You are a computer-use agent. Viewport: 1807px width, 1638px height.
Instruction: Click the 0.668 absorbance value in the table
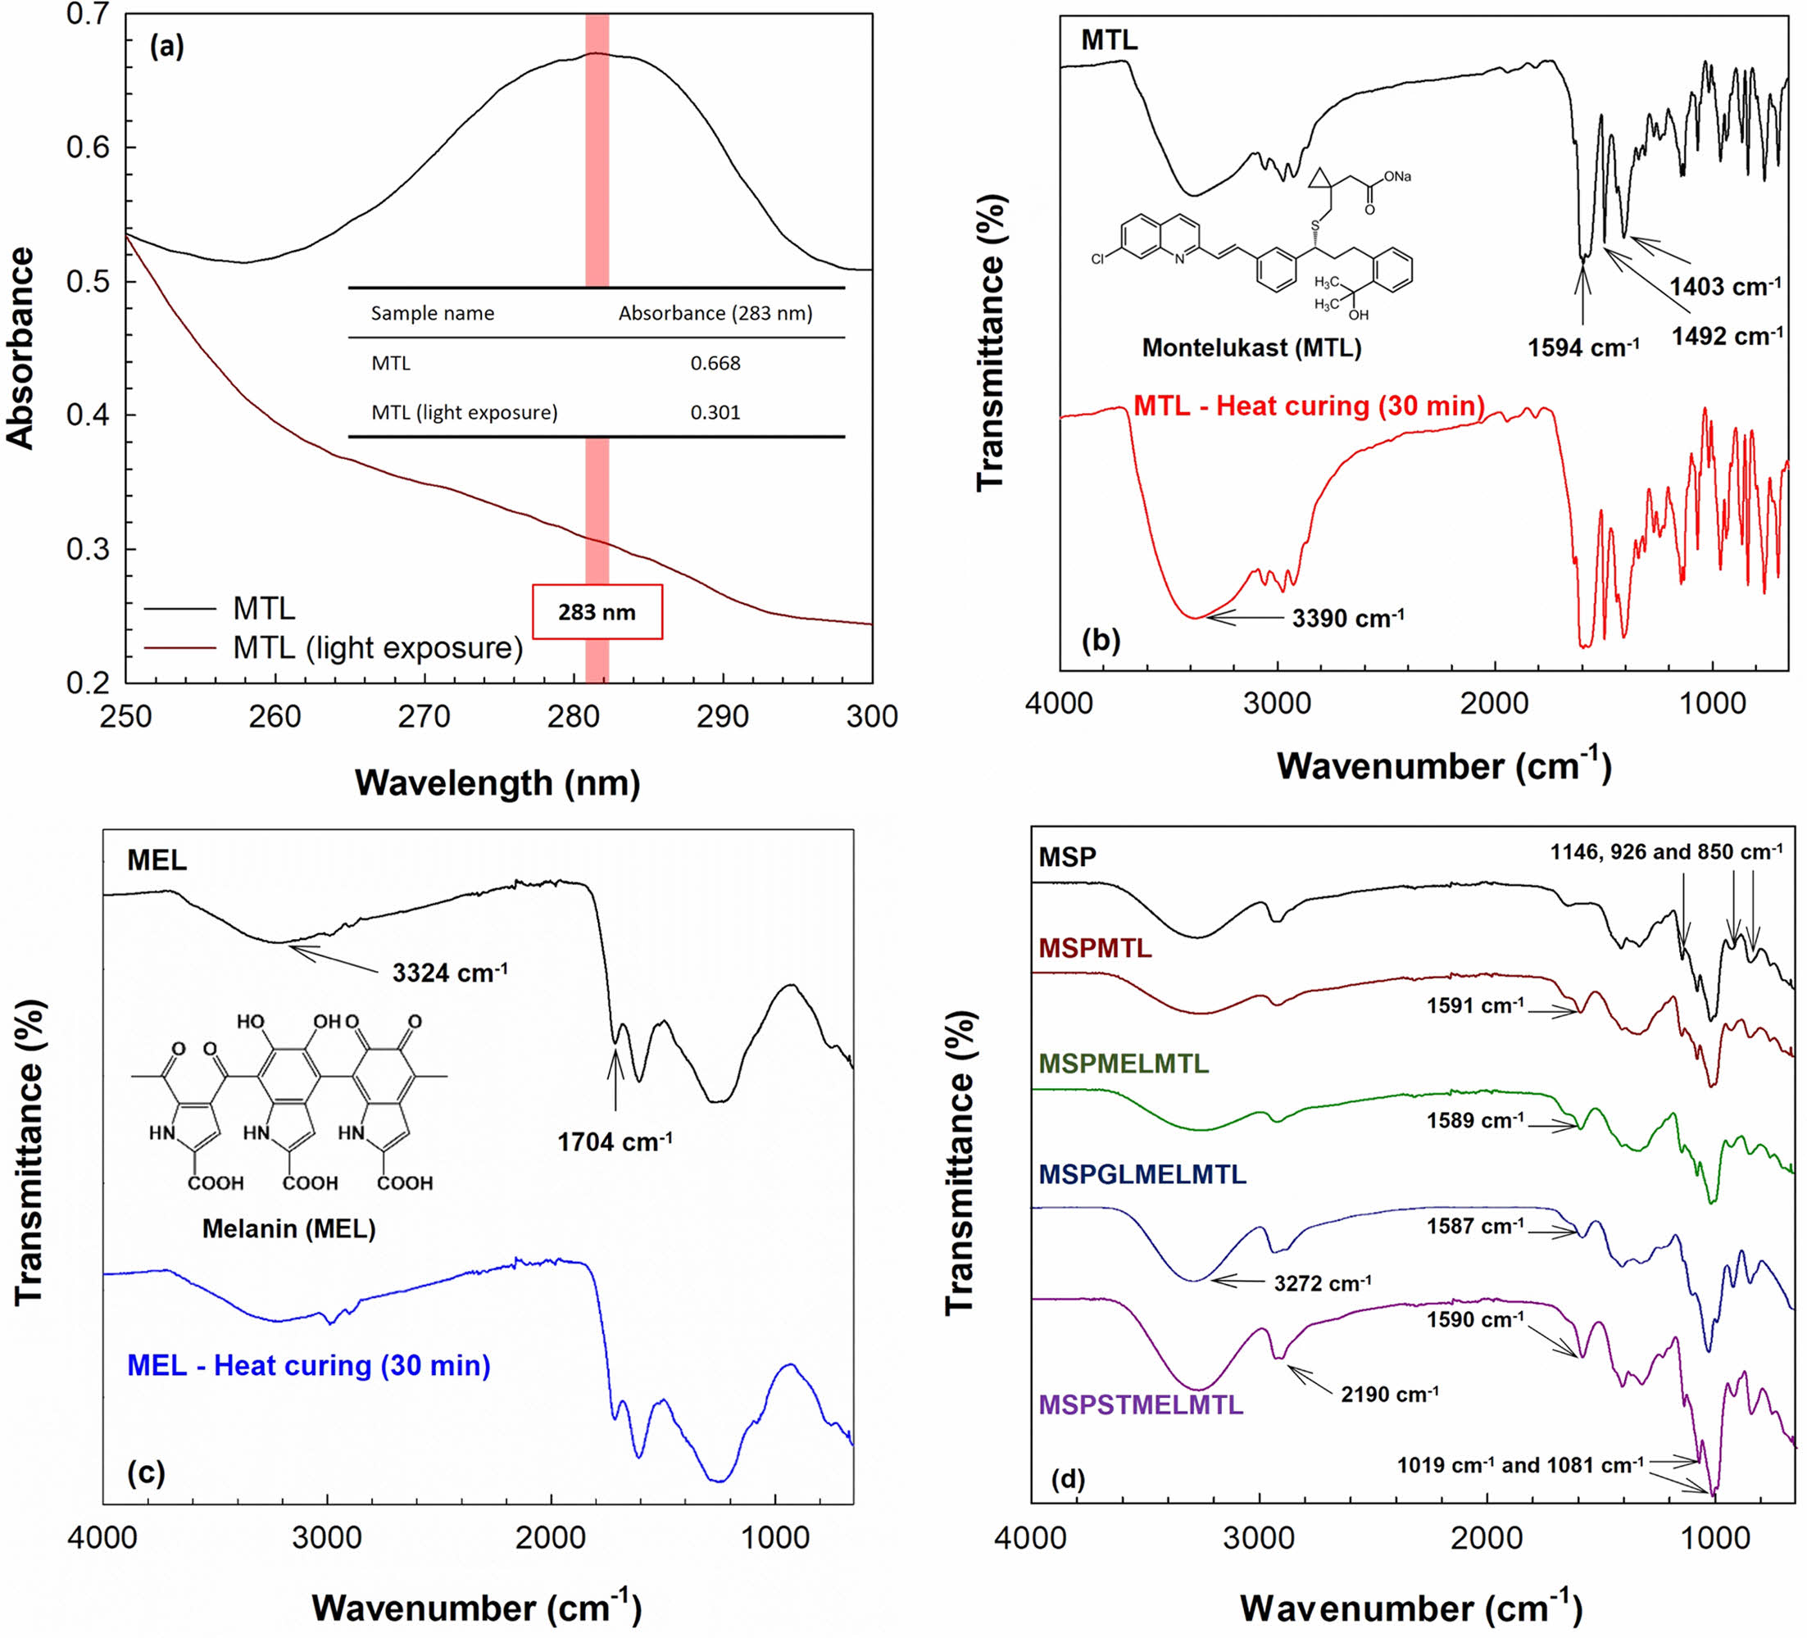point(715,363)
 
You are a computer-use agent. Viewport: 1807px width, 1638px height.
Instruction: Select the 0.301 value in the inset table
point(715,412)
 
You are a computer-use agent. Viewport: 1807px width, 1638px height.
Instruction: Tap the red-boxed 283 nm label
point(597,612)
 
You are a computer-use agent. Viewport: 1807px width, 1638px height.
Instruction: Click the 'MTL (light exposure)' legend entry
point(377,647)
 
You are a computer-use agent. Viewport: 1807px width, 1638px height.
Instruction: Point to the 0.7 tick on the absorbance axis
point(88,16)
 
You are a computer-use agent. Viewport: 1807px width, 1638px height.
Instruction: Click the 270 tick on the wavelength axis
point(424,716)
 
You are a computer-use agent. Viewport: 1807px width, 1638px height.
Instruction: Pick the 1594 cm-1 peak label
point(1583,347)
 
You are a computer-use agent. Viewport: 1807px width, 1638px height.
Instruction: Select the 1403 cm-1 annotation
point(1725,287)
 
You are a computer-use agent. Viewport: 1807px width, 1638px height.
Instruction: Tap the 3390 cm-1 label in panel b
point(1347,617)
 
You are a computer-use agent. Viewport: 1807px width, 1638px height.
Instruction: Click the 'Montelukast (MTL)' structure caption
point(1251,347)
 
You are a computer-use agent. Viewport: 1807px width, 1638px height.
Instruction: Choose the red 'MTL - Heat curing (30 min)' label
point(1309,406)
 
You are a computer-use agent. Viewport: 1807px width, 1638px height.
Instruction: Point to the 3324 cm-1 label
point(450,972)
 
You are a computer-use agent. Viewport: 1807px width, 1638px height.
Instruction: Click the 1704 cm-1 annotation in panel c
point(615,1141)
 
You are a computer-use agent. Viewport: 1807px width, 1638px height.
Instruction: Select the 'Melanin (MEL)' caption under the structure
point(288,1227)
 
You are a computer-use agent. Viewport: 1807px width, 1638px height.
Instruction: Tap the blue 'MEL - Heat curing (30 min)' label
point(308,1366)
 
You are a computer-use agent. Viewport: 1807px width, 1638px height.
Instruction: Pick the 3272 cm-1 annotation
point(1322,1283)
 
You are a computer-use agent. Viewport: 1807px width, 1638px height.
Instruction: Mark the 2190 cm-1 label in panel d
point(1389,1395)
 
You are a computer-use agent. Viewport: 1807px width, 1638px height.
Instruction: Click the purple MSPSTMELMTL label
point(1141,1404)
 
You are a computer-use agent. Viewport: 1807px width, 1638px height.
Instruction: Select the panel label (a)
point(166,47)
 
